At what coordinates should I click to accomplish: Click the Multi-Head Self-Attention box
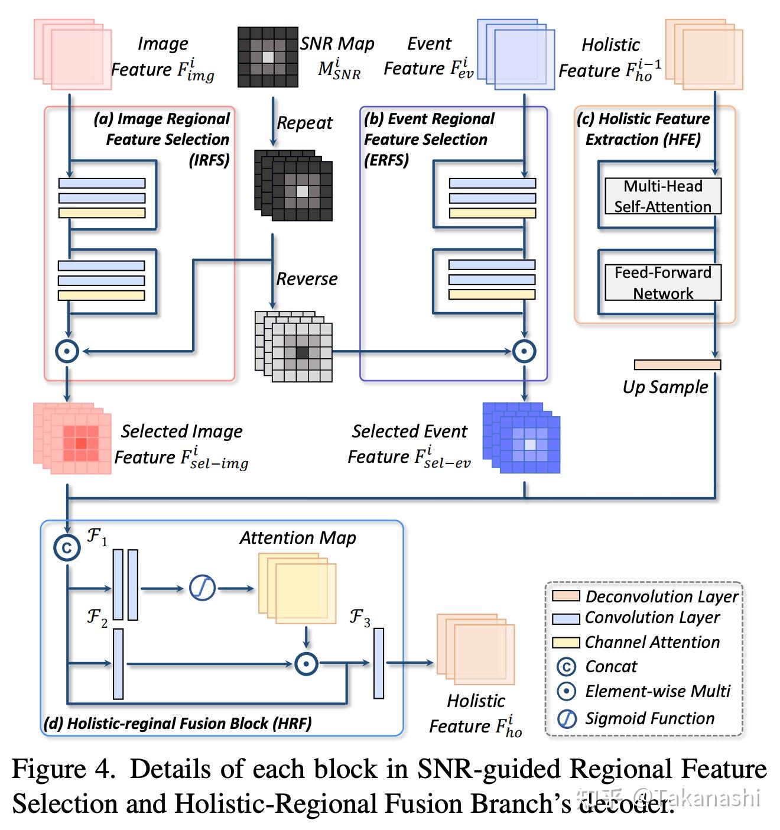click(662, 196)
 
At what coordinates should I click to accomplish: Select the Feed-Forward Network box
click(662, 283)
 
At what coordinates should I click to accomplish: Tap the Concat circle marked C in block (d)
click(67, 547)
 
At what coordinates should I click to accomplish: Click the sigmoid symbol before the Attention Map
click(202, 588)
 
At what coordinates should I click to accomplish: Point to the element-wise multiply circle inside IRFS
click(67, 351)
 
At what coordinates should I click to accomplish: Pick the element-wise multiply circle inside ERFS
click(524, 351)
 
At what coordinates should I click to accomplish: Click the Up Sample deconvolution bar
click(677, 365)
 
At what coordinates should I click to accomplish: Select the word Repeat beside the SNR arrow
click(304, 123)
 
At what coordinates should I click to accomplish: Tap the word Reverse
click(307, 278)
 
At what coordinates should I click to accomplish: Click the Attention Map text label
click(297, 537)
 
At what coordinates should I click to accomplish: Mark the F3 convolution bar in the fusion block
click(378, 663)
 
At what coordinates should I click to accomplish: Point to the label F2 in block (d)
click(97, 617)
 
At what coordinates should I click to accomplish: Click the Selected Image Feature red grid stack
click(73, 438)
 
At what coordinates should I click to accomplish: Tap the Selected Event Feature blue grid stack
click(522, 438)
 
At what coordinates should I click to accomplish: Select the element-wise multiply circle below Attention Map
click(306, 663)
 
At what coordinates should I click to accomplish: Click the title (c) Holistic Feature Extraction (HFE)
click(643, 129)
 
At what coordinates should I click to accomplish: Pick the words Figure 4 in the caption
click(62, 769)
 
